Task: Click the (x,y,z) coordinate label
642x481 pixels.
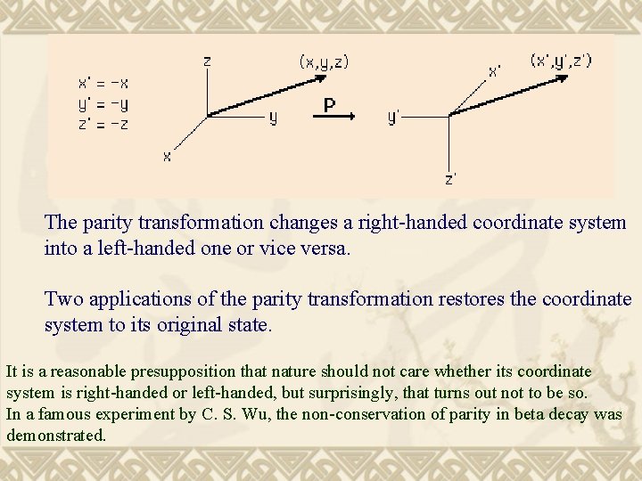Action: point(324,62)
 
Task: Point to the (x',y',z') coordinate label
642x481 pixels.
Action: point(561,61)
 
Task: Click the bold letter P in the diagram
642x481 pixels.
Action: point(329,105)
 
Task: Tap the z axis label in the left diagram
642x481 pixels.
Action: point(207,61)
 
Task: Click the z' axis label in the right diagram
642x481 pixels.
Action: point(452,178)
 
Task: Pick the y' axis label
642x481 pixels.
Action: point(393,117)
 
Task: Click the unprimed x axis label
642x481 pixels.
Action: point(167,156)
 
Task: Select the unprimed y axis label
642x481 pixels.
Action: point(273,118)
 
